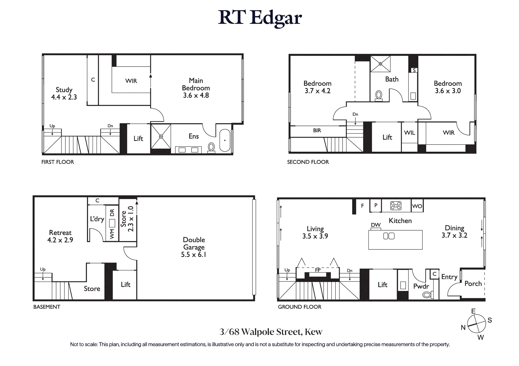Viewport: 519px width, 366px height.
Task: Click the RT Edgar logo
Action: pos(260,18)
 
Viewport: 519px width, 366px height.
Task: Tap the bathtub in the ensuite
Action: pos(225,140)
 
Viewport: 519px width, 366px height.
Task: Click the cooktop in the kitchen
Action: pos(396,206)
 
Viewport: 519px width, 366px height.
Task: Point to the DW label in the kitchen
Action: pos(376,225)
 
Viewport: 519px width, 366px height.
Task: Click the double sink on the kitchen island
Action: pos(389,236)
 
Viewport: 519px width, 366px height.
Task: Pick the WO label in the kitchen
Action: pos(417,206)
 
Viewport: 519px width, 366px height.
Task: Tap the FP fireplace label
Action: pos(318,270)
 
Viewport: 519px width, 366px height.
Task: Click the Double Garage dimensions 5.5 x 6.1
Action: pos(194,255)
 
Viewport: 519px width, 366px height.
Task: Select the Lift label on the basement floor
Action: pos(126,284)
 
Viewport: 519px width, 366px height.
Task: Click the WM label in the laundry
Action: pos(112,234)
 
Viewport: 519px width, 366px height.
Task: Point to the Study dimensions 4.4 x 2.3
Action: pos(64,97)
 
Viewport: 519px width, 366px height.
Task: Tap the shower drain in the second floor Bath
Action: pos(380,64)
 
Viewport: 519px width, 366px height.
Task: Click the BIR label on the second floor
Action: pos(317,131)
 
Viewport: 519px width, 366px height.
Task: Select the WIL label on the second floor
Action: pos(409,133)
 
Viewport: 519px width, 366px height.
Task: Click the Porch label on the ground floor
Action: pos(473,284)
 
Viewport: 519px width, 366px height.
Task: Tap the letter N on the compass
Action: pos(463,328)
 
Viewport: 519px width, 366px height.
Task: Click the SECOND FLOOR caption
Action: pos(308,162)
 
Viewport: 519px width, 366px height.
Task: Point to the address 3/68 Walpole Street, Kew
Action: pos(271,332)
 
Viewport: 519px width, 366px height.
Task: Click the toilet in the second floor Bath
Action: pos(379,95)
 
